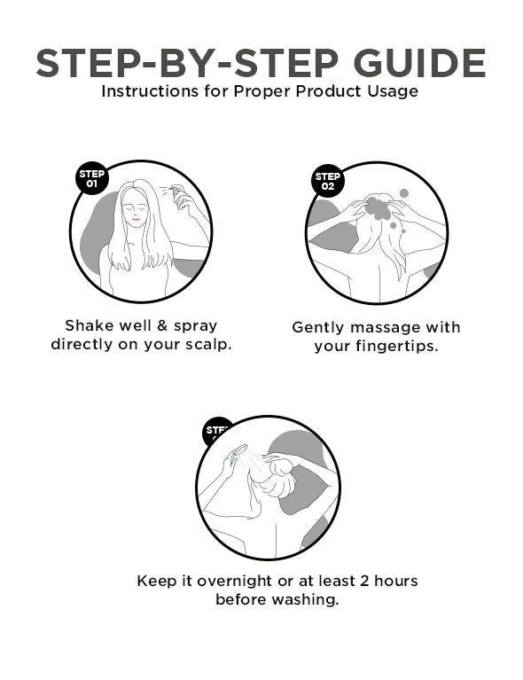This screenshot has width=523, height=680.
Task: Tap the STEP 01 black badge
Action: click(91, 178)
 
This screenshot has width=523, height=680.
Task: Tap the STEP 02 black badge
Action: click(327, 181)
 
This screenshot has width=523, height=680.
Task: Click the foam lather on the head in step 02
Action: click(379, 208)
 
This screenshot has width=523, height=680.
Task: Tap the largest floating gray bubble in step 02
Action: click(403, 192)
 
